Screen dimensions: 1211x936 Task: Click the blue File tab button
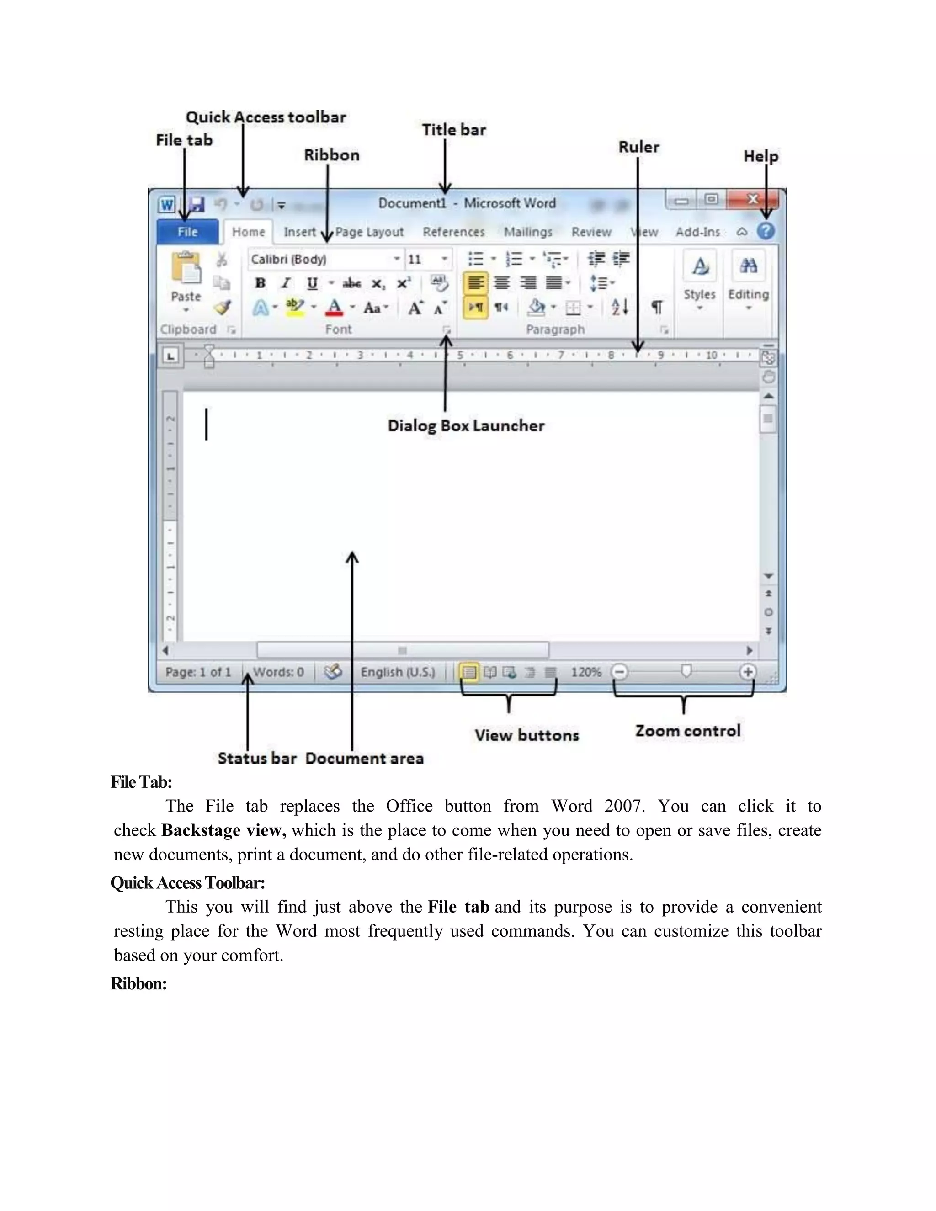click(187, 232)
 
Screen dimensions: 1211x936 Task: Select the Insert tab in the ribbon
click(299, 232)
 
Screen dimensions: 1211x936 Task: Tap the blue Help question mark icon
click(766, 231)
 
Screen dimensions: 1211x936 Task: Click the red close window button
click(752, 199)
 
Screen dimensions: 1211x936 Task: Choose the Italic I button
click(286, 283)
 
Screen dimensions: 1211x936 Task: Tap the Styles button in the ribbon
click(699, 277)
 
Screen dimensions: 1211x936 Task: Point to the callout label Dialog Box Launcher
click(466, 426)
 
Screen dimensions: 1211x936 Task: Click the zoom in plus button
click(747, 672)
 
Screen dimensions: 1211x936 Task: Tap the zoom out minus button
click(619, 672)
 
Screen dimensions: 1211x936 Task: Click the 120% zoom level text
click(586, 672)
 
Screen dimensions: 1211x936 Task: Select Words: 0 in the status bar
click(278, 672)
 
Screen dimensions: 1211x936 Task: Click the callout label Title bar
click(453, 130)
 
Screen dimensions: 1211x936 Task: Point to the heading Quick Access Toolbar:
click(187, 883)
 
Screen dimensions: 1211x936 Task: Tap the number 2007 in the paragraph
click(624, 806)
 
